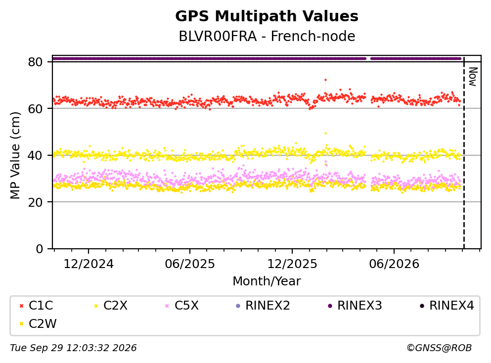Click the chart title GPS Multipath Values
coord(267,16)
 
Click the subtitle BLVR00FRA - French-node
coord(267,36)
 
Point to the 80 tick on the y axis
coord(35,62)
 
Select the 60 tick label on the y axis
coord(35,109)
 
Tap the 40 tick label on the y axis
coord(35,155)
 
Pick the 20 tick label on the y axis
coord(35,202)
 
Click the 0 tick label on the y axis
coord(39,249)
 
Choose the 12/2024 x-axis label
coord(89,264)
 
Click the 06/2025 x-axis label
coord(190,264)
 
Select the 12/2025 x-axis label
coord(292,264)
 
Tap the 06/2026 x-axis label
coord(394,264)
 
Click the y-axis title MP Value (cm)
coord(15,155)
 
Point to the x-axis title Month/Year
coord(267,281)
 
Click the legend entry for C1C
coord(36,306)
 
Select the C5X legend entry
coord(182,306)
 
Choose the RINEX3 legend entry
coord(355,306)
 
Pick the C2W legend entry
coord(38,324)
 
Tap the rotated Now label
coord(473,77)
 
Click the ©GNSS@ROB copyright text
coord(439,348)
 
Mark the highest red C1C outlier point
coord(325,80)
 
